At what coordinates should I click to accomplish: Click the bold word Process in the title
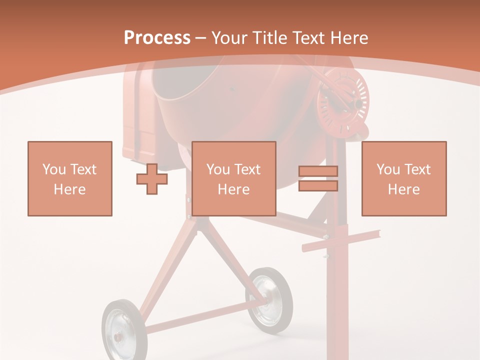(157, 37)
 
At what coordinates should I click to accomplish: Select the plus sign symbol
(152, 179)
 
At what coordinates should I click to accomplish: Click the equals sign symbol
(318, 178)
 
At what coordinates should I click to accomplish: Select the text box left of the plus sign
(69, 178)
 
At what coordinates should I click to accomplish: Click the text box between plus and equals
(233, 178)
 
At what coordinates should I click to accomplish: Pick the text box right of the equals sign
(403, 178)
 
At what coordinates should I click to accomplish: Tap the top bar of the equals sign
(318, 171)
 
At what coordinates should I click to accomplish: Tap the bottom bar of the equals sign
(318, 186)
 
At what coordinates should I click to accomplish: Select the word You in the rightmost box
(388, 169)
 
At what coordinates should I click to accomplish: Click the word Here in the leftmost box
(69, 189)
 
